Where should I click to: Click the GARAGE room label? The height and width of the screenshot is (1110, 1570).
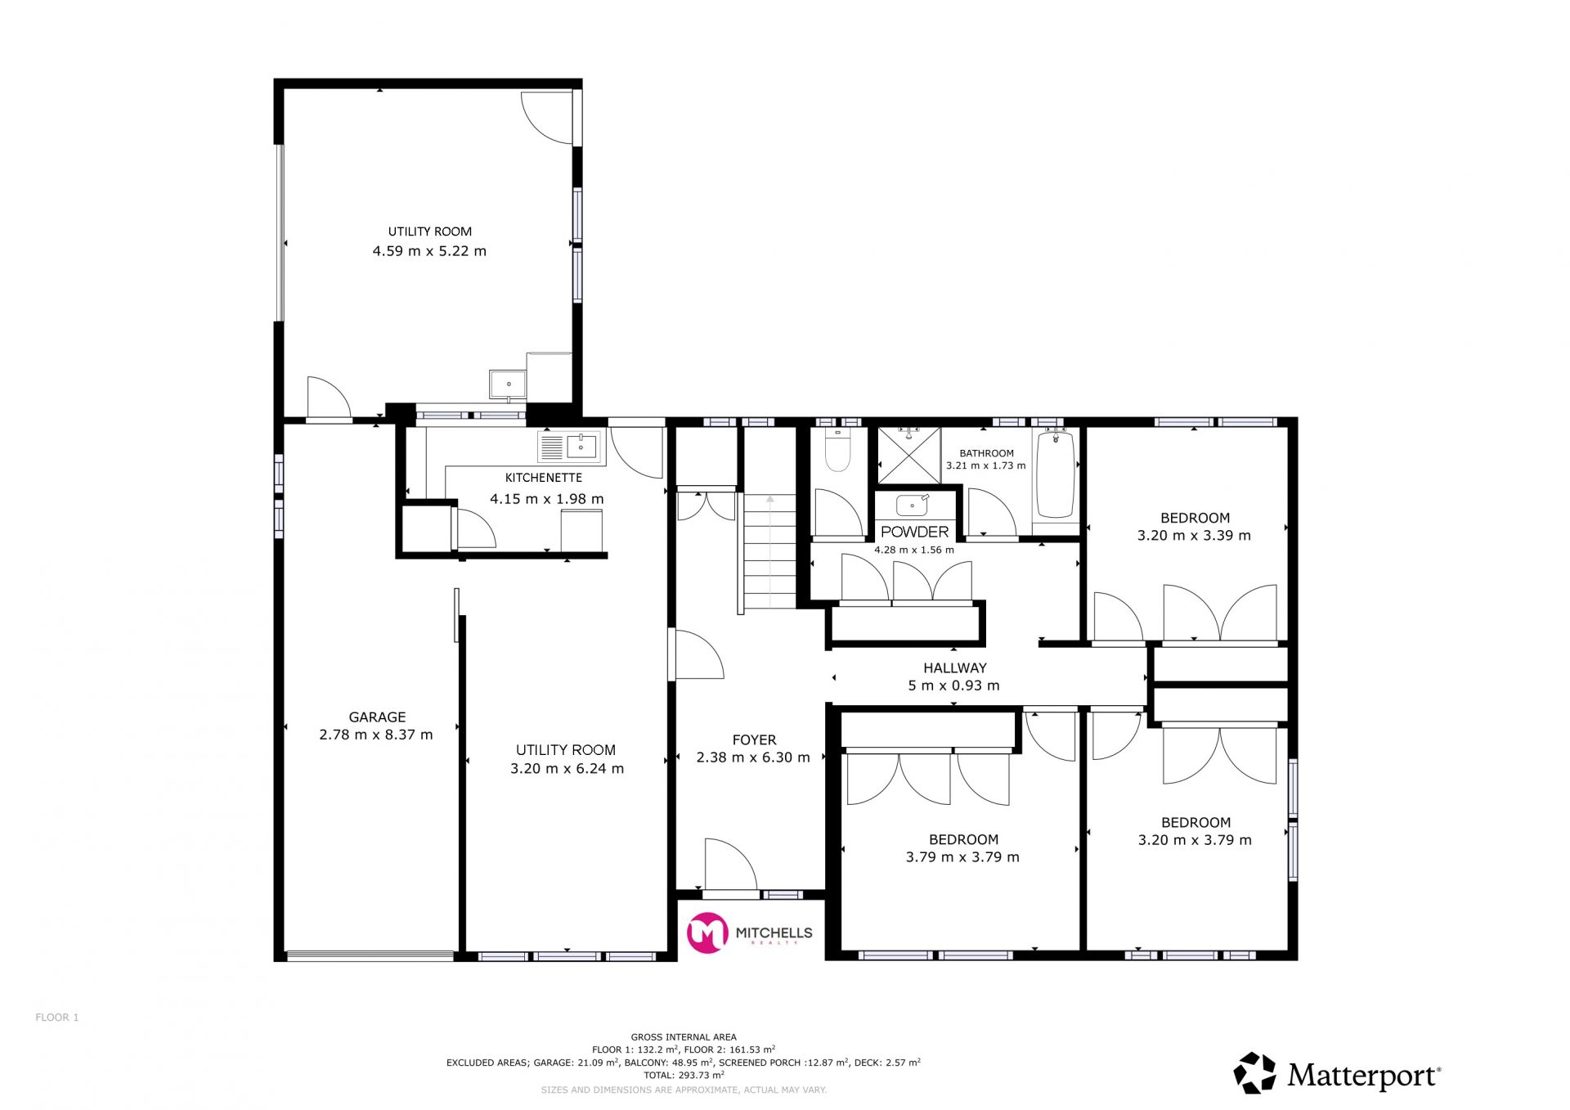[377, 717]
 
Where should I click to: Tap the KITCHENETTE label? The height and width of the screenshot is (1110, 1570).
[544, 478]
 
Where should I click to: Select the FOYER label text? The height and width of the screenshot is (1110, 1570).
[754, 740]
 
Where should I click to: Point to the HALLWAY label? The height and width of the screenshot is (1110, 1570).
[955, 668]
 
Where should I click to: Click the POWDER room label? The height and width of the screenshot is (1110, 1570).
[915, 532]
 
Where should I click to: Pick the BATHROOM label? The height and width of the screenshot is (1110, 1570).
[986, 453]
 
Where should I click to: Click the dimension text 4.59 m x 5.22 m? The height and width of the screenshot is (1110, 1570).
[429, 251]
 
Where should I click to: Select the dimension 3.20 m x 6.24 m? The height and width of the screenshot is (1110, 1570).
[567, 769]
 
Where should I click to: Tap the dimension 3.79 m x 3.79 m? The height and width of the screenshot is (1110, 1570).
[962, 857]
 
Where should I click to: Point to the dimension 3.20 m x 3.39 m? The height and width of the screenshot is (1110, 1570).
[1194, 536]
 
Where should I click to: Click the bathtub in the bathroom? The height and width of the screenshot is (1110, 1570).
[1056, 474]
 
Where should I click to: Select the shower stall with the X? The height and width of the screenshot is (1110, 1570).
[909, 456]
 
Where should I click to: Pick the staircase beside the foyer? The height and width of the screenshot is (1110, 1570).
[769, 551]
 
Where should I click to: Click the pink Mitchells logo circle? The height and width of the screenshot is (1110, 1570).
[707, 932]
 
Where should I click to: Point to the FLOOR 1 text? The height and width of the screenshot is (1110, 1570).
[57, 1018]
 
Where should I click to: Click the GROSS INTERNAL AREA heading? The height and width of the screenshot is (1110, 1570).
[684, 1037]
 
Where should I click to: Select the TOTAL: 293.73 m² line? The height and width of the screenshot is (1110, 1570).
[684, 1075]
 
